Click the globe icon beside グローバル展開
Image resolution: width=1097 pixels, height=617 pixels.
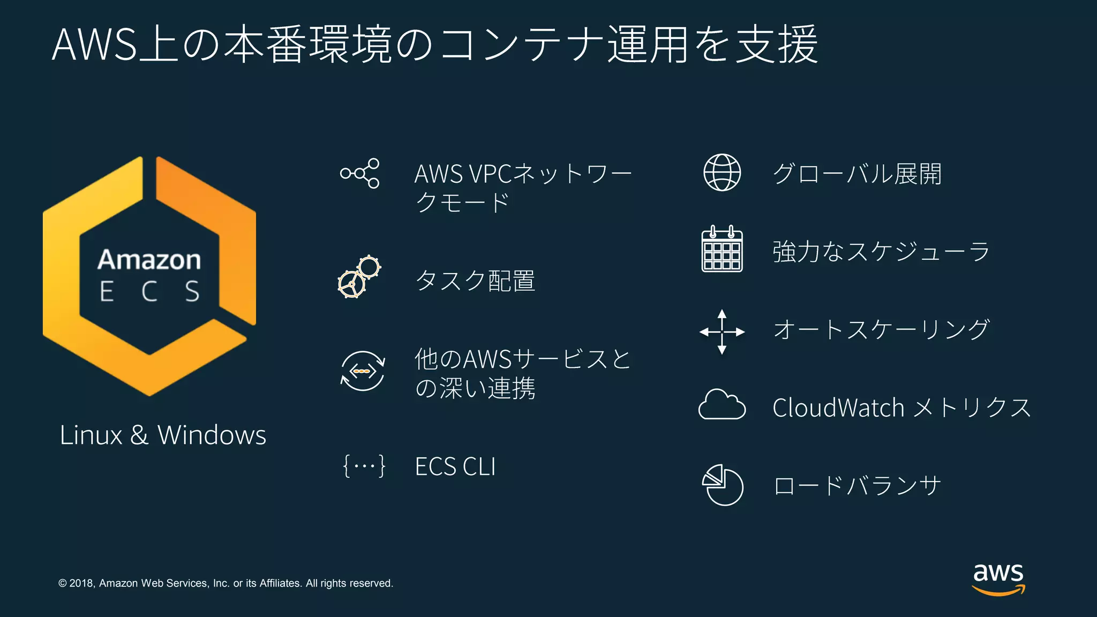point(722,172)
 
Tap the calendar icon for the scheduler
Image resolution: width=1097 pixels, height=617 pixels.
point(722,250)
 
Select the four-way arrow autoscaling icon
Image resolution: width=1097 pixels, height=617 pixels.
point(722,332)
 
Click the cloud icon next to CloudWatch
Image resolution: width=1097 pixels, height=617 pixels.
point(722,405)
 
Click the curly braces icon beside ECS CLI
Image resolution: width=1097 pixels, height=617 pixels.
point(364,466)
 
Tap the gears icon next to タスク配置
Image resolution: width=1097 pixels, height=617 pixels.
point(359,277)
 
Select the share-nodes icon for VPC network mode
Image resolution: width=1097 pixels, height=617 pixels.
point(360,173)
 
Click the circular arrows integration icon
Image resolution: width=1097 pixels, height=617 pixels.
point(363,371)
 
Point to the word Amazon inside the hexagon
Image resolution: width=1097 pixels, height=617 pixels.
point(149,260)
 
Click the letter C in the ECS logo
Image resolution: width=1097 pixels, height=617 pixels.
point(149,292)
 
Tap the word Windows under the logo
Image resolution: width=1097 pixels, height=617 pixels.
point(212,435)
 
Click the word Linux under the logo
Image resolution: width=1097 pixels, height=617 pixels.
point(91,435)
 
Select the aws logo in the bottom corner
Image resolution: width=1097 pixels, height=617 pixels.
point(998,578)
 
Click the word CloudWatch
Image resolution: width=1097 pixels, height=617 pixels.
point(838,408)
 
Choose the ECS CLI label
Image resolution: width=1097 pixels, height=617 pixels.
point(455,466)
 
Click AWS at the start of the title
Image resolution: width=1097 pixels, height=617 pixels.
point(95,44)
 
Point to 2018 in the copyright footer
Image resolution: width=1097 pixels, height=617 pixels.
point(82,583)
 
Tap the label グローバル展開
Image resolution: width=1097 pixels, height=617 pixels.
point(857,174)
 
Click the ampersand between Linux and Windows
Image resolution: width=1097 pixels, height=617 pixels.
point(139,435)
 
